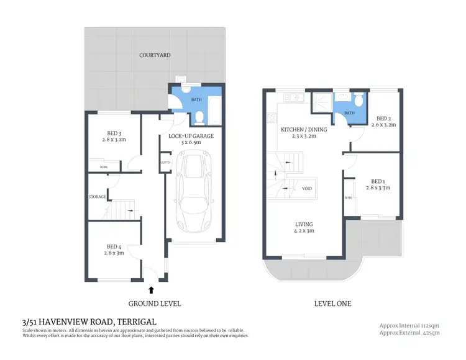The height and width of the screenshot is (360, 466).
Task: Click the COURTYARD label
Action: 155,55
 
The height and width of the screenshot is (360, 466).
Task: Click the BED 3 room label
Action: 113,135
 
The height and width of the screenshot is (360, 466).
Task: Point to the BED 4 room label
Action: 115,248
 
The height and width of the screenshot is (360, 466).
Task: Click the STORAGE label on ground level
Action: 97,197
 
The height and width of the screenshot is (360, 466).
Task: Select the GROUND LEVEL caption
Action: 154,304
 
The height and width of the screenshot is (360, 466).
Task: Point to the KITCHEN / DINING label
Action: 303,130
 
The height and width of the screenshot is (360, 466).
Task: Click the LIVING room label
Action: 304,224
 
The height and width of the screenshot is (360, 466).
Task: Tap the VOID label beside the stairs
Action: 307,188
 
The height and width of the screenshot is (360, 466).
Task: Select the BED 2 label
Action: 383,119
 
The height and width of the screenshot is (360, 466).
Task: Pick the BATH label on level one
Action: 349,113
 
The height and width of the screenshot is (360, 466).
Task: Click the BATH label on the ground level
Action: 196,99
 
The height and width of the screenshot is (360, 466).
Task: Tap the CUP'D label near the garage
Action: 165,163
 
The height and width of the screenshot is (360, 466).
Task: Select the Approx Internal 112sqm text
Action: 409,325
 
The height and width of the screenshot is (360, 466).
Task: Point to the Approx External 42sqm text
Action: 409,333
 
